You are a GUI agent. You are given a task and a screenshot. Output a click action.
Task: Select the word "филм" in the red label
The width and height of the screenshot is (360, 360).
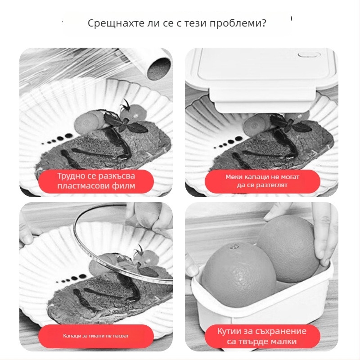pos(123,186)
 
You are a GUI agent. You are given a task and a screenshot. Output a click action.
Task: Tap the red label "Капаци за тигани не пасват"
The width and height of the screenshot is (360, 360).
pos(96,336)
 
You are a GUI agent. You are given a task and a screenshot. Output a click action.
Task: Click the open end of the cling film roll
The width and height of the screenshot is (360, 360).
pos(158,68)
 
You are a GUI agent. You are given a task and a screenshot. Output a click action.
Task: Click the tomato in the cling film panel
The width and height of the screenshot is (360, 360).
pos(133,113)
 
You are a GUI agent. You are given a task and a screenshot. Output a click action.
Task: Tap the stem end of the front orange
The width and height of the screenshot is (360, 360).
pos(234,247)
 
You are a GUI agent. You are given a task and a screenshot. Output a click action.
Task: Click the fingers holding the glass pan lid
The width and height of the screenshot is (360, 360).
pos(149,216)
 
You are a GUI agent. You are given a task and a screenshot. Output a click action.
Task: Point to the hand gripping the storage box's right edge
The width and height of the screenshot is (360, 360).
pos(324,237)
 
